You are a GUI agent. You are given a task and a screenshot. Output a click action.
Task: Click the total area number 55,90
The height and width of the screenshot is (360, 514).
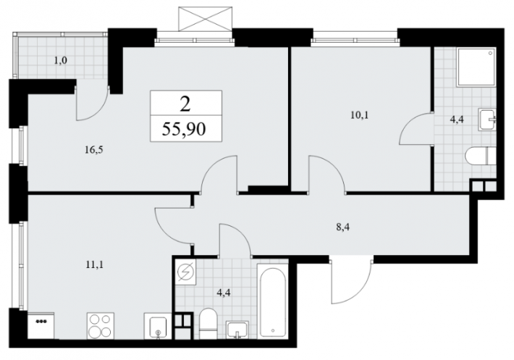point(184,129)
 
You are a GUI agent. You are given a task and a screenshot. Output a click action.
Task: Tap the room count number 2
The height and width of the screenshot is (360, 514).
point(185,105)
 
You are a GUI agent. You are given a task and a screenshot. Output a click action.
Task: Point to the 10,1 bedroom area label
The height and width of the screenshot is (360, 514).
point(360,115)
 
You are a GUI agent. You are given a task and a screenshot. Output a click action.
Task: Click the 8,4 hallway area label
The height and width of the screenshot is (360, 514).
point(343,227)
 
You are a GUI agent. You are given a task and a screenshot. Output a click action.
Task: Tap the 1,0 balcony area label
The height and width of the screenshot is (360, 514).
point(61,61)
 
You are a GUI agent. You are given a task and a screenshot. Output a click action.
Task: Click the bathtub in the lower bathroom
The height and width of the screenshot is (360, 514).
point(273,301)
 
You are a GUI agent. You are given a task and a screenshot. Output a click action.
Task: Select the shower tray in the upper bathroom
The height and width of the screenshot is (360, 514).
point(476,67)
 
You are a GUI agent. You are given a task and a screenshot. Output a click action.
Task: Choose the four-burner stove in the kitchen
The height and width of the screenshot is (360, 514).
point(101,325)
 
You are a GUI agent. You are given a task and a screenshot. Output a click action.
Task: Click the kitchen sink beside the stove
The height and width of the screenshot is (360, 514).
point(158,325)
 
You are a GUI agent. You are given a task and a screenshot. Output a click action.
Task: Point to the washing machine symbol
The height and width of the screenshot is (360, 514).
point(185,272)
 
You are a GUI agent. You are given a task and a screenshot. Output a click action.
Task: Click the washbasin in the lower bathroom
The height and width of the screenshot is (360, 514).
point(237,330)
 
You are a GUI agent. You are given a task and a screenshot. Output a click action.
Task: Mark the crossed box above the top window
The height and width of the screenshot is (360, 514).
point(205,19)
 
